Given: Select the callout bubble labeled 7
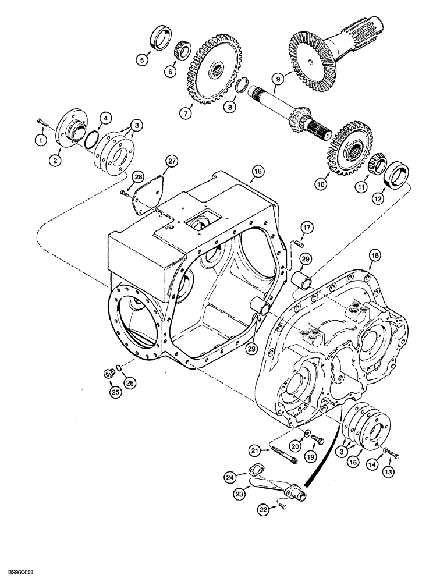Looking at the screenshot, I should pyautogui.click(x=184, y=113).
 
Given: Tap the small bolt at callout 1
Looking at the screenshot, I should pyautogui.click(x=41, y=122).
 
